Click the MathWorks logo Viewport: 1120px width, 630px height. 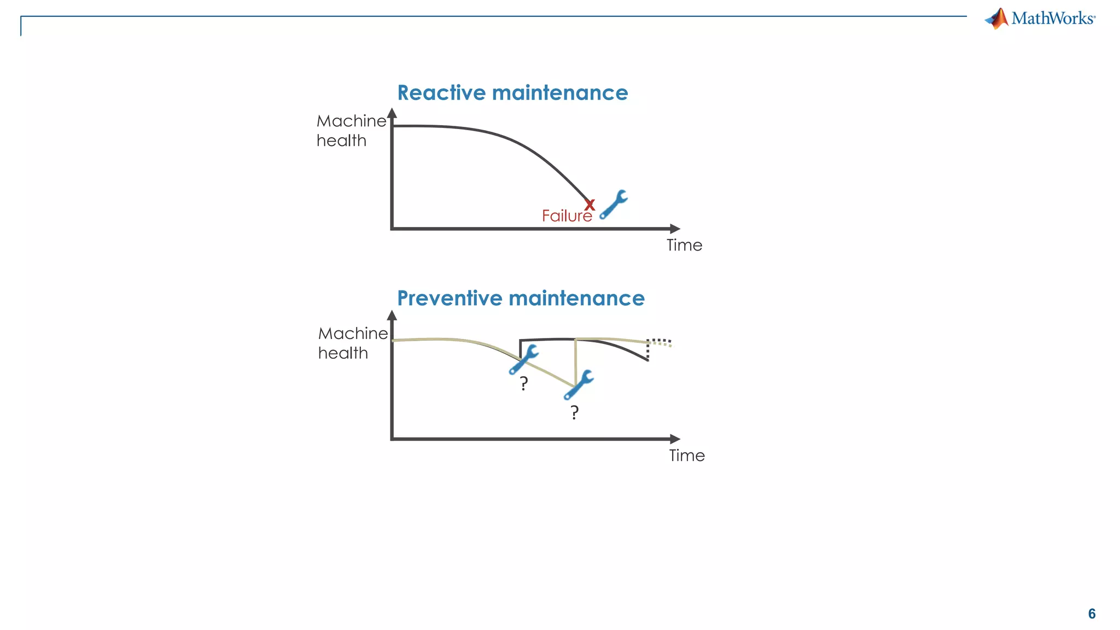point(1040,19)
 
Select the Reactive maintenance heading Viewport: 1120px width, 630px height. point(512,93)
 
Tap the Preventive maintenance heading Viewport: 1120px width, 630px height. point(521,299)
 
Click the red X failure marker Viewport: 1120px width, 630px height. point(590,205)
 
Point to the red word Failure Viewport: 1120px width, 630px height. point(567,216)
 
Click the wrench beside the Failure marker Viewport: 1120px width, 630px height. point(614,205)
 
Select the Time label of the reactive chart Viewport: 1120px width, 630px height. point(684,245)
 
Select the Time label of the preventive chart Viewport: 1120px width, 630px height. point(687,456)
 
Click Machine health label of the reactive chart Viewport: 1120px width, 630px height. point(351,131)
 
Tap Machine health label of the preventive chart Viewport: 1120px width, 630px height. point(353,343)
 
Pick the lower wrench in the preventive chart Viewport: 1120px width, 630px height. point(579,384)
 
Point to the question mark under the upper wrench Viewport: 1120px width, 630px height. point(524,383)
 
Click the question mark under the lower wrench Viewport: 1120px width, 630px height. point(574,412)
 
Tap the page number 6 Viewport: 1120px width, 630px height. point(1092,614)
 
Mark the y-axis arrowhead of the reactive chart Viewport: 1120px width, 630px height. point(392,113)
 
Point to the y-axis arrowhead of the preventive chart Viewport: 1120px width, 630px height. point(392,315)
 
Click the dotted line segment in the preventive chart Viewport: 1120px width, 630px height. point(658,342)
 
